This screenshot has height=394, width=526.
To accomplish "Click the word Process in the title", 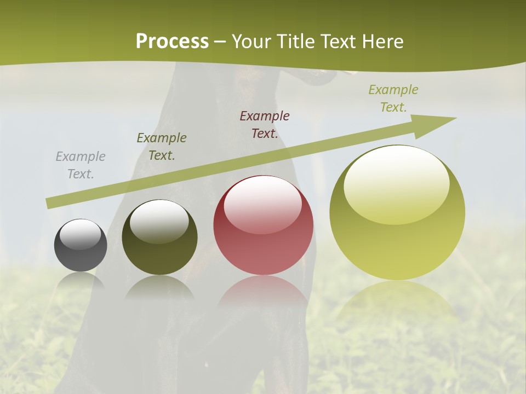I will point(172,42).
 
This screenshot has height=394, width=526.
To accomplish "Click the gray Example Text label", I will point(81,165).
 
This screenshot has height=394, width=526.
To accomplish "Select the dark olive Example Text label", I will point(162,147).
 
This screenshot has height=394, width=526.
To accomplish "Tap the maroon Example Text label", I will point(265,124).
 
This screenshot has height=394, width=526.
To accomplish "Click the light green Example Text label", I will point(393,98).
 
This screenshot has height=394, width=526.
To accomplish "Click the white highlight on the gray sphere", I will point(81,234).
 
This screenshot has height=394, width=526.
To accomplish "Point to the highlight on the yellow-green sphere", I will point(396,183).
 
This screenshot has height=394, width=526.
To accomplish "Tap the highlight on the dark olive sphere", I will point(159,221).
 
